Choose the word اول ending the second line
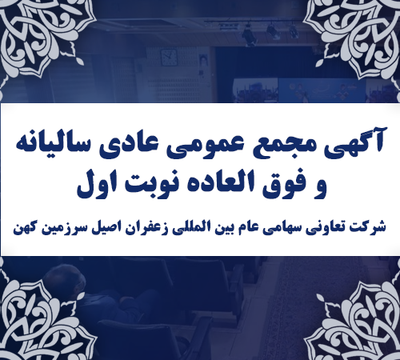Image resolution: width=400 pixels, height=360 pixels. click(x=97, y=186)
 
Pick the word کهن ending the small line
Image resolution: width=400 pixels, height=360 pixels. click(x=24, y=226)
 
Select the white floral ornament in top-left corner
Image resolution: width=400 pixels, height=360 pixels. click(x=32, y=36)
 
